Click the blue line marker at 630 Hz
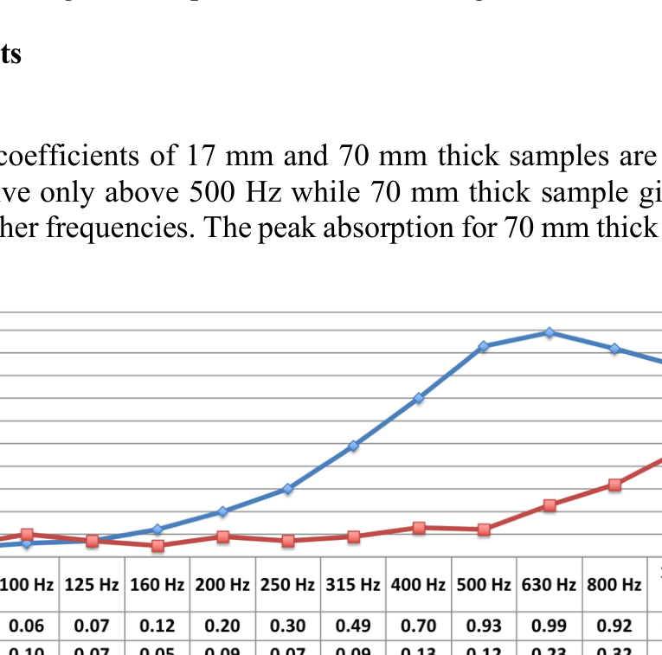pos(550,332)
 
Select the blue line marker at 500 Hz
pos(484,346)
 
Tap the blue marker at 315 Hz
pos(353,446)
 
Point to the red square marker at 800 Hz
pos(614,485)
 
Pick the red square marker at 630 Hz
pos(550,505)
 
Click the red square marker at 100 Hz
pos(27,535)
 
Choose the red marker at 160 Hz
pos(157,546)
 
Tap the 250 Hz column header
pos(288,585)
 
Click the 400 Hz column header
pos(419,585)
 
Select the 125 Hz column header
pos(92,585)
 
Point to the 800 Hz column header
pos(614,585)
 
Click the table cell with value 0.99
pos(550,625)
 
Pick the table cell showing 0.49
pos(353,625)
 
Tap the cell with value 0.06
pos(27,625)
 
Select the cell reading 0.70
pos(419,625)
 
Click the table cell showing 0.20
pos(222,625)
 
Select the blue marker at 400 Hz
pos(419,398)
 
